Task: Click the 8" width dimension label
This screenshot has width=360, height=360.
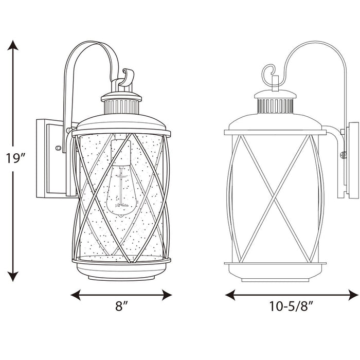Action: coord(121,308)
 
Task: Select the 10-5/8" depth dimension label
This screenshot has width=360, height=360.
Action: coord(292,308)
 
